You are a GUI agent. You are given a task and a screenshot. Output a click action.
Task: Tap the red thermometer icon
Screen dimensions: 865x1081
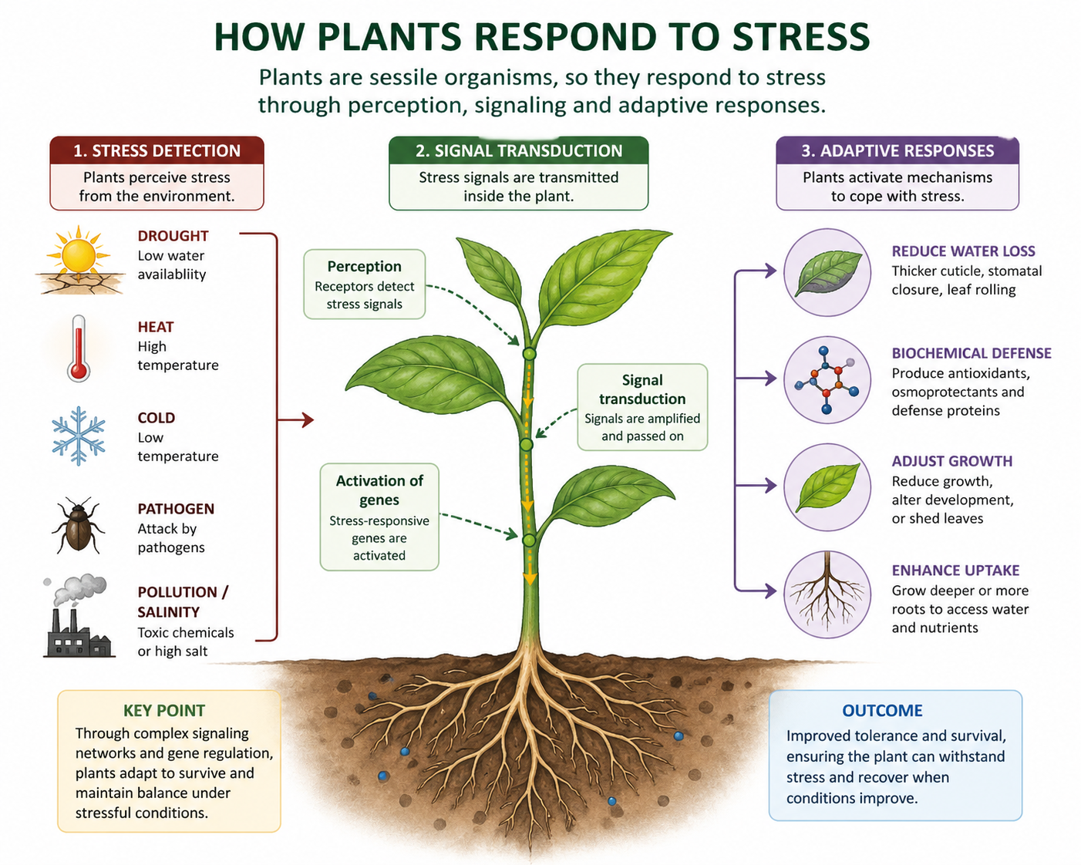79,348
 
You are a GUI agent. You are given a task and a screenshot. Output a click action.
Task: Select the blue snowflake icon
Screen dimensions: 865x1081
78,436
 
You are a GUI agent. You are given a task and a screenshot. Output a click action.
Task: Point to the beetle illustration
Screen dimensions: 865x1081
77,526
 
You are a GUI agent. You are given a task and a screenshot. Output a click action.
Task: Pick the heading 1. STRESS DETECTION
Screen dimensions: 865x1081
157,150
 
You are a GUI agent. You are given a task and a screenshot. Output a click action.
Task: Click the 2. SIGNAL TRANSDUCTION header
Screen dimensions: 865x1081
518,150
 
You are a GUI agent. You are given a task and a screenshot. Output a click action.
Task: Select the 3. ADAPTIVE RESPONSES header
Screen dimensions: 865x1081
897,150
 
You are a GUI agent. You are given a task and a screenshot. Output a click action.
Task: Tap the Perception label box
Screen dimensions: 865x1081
364,284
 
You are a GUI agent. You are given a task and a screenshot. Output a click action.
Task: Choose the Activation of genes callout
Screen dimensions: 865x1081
379,517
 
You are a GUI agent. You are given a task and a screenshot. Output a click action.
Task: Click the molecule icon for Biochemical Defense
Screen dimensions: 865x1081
827,379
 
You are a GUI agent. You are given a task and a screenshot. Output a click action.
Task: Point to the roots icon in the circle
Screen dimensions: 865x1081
827,594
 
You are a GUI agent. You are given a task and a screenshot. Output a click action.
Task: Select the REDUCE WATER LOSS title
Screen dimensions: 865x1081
963,251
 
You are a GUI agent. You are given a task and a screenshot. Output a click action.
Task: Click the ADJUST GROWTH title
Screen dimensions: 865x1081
951,461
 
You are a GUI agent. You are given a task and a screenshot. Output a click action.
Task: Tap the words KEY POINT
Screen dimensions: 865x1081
164,711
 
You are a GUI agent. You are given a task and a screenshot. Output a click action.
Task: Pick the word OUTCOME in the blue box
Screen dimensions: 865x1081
882,711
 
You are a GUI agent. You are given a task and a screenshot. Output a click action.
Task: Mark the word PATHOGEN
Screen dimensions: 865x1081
176,509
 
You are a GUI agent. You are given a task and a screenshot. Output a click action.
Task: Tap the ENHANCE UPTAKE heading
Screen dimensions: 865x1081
955,570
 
